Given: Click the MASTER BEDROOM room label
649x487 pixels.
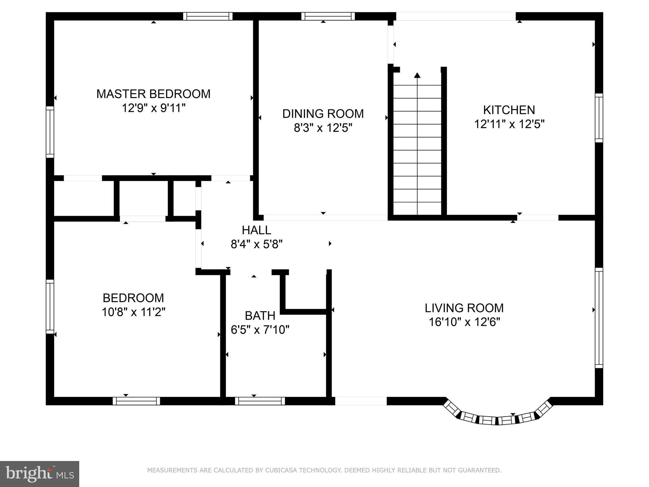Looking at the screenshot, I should pyautogui.click(x=153, y=94).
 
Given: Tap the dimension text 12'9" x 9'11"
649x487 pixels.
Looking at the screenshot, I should pyautogui.click(x=153, y=108).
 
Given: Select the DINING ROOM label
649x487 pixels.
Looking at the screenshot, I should pyautogui.click(x=323, y=114).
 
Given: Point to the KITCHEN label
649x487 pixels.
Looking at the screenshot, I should pyautogui.click(x=509, y=110).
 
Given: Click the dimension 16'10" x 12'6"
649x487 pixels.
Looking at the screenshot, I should pyautogui.click(x=464, y=322).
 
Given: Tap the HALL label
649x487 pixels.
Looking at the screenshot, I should pyautogui.click(x=256, y=230).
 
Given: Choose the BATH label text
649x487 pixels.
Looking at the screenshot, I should pyautogui.click(x=260, y=316).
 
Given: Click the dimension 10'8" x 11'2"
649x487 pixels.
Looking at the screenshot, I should pyautogui.click(x=133, y=312).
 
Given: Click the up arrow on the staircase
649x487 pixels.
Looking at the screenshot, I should pyautogui.click(x=417, y=75).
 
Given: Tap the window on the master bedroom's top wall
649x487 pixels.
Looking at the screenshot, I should pyautogui.click(x=208, y=16).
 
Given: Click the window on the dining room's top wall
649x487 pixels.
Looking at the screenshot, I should pyautogui.click(x=328, y=16).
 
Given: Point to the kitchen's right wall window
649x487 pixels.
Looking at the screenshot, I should pyautogui.click(x=599, y=118).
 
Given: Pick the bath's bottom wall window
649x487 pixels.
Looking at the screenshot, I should pyautogui.click(x=260, y=401).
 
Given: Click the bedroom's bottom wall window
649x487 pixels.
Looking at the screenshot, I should pyautogui.click(x=136, y=401).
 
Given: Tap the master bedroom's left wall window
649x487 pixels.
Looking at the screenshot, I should pyautogui.click(x=50, y=132).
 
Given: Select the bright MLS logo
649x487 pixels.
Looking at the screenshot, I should pyautogui.click(x=39, y=474).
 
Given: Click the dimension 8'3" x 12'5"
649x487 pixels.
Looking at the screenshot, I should pyautogui.click(x=323, y=128).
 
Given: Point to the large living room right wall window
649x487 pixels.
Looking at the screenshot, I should pyautogui.click(x=599, y=318).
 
